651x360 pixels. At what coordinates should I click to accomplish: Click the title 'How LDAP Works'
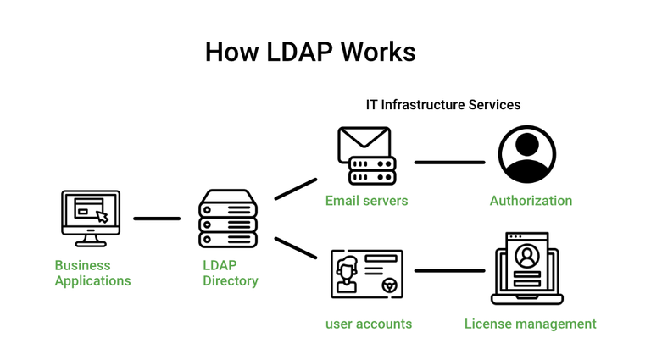point(310,53)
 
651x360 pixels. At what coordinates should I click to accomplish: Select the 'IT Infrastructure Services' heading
point(442,105)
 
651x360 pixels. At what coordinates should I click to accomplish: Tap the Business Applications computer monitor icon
point(91,218)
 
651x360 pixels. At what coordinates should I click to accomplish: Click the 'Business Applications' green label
point(92,273)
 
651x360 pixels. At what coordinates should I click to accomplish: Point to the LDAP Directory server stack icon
point(227,219)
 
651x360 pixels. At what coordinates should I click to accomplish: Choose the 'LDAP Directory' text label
point(230,273)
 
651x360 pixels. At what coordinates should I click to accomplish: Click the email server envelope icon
point(365,156)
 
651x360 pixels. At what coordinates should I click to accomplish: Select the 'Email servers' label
point(366,201)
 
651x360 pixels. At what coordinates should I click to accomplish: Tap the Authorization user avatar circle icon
point(526,155)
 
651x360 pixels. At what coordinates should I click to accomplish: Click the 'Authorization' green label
point(531,201)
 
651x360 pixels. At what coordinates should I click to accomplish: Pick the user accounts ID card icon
point(366,273)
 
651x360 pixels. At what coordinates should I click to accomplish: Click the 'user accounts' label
point(369,324)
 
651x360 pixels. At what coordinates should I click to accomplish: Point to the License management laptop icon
point(527,268)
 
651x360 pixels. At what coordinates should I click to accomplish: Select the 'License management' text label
point(530,324)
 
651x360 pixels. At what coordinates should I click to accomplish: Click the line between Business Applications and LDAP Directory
point(157,219)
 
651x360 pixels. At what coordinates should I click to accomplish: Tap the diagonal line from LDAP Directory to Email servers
point(295,189)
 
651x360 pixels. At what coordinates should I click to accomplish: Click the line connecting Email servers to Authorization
point(449,162)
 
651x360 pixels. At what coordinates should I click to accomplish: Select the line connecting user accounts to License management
point(449,271)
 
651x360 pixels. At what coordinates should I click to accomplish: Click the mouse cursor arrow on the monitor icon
point(102,217)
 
